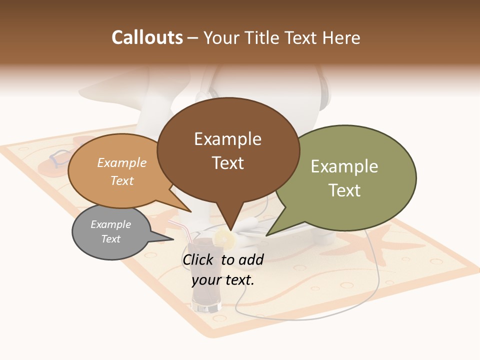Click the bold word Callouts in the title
(147, 37)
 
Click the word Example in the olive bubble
(344, 166)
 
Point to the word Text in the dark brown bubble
(228, 163)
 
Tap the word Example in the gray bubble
(110, 224)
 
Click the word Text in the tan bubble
(122, 180)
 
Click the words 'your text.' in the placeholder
(223, 280)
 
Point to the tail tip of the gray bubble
(172, 239)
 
